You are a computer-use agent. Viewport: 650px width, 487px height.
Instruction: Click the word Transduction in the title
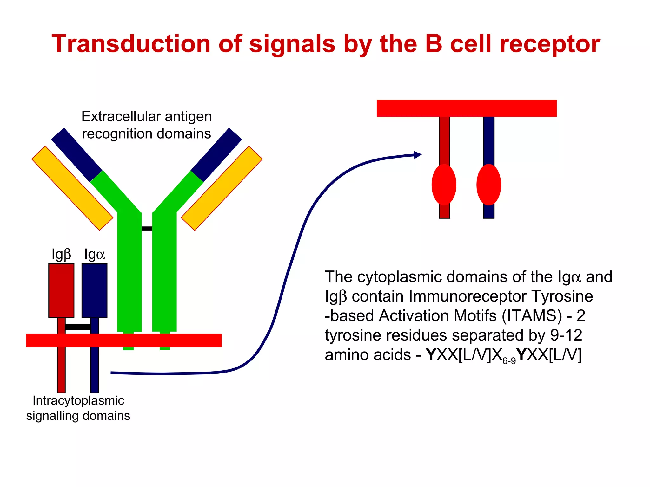pyautogui.click(x=131, y=44)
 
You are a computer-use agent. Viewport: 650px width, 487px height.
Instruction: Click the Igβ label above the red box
pyautogui.click(x=61, y=254)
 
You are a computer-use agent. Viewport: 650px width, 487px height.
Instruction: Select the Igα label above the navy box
pyautogui.click(x=94, y=254)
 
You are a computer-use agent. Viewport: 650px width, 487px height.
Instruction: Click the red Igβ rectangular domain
pyautogui.click(x=61, y=290)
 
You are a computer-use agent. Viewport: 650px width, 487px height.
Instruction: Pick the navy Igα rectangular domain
pyautogui.click(x=94, y=290)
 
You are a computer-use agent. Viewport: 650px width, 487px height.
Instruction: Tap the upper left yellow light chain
pyautogui.click(x=72, y=188)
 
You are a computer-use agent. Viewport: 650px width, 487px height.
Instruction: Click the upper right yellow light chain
pyautogui.click(x=222, y=188)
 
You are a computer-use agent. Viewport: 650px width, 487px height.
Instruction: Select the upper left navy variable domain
pyautogui.click(x=76, y=155)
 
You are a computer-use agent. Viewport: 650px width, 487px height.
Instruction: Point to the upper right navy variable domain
pyautogui.click(x=216, y=155)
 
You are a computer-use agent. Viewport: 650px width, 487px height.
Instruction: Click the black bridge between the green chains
pyautogui.click(x=147, y=228)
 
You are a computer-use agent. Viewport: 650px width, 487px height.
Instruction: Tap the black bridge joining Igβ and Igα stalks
pyautogui.click(x=78, y=327)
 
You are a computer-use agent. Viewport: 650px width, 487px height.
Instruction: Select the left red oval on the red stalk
pyautogui.click(x=444, y=185)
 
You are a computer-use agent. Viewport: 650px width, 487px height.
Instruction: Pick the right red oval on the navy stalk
pyautogui.click(x=488, y=185)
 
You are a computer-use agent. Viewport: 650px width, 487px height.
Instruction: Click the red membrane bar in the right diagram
pyautogui.click(x=467, y=108)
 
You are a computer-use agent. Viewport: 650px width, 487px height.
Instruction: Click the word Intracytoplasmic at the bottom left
pyautogui.click(x=78, y=401)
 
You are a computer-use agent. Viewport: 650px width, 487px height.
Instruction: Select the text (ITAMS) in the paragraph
pyautogui.click(x=532, y=316)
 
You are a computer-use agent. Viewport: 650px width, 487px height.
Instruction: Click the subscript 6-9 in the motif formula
pyautogui.click(x=509, y=361)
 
